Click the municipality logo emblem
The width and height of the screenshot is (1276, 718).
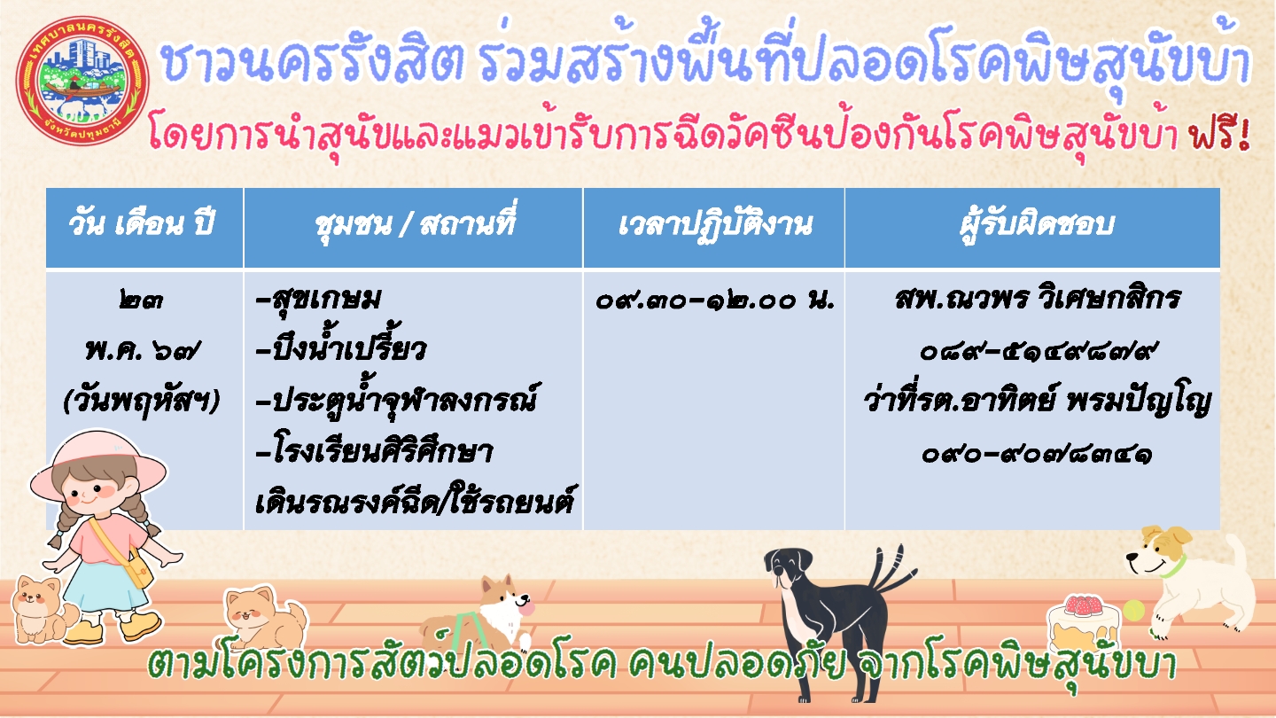click(x=83, y=81)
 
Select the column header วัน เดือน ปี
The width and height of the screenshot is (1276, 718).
click(x=141, y=223)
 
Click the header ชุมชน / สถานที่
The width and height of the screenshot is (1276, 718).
click(x=415, y=222)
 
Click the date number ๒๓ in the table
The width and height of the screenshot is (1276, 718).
click(x=141, y=300)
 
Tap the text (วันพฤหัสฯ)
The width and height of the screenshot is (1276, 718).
click(x=141, y=402)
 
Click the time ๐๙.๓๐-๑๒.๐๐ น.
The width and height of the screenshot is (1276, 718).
click(x=714, y=300)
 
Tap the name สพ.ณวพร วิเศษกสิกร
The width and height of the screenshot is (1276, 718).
click(x=1037, y=299)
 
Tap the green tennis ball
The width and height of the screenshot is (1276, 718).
click(x=1134, y=610)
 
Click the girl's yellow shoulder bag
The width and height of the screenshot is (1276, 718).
click(x=139, y=569)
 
